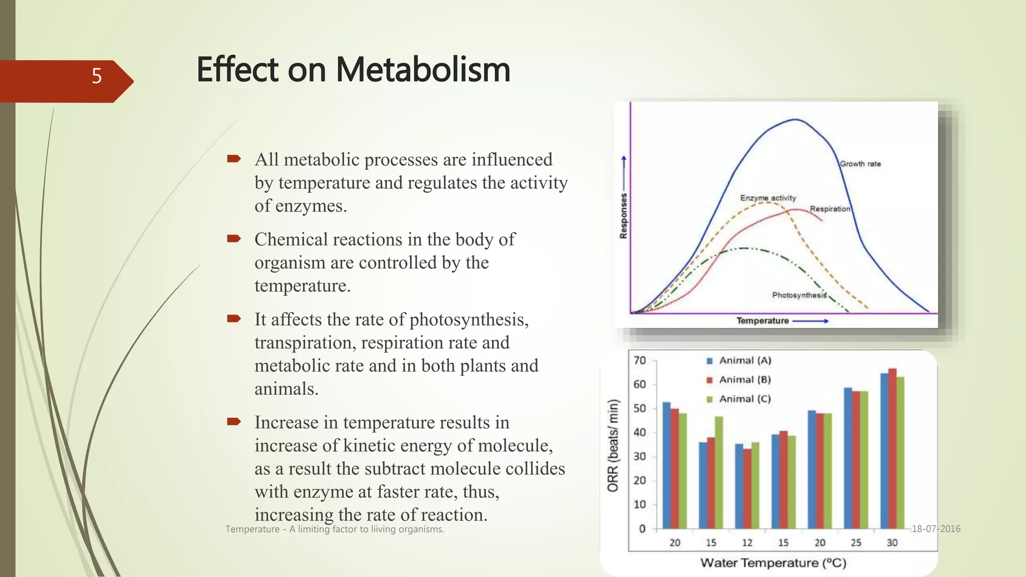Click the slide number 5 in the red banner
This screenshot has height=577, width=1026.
(x=97, y=76)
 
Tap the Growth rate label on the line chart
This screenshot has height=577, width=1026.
(x=860, y=164)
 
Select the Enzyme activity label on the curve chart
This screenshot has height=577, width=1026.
(x=768, y=198)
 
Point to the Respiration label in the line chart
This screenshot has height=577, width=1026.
(x=830, y=209)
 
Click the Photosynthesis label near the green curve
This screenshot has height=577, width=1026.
(x=799, y=295)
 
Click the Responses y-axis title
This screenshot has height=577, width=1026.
(x=624, y=215)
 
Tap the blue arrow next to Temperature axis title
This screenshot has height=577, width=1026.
(x=811, y=321)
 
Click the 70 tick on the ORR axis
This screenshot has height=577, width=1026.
(x=640, y=361)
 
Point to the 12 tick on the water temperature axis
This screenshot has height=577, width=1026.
(x=747, y=543)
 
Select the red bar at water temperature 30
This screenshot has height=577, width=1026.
(x=892, y=448)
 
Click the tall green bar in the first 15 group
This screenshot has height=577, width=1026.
(x=719, y=472)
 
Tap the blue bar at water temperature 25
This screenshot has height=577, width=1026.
(x=848, y=458)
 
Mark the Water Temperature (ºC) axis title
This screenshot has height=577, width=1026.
(x=773, y=563)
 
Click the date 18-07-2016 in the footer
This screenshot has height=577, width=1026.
(x=936, y=529)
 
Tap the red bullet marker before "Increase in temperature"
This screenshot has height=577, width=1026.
(x=234, y=421)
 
